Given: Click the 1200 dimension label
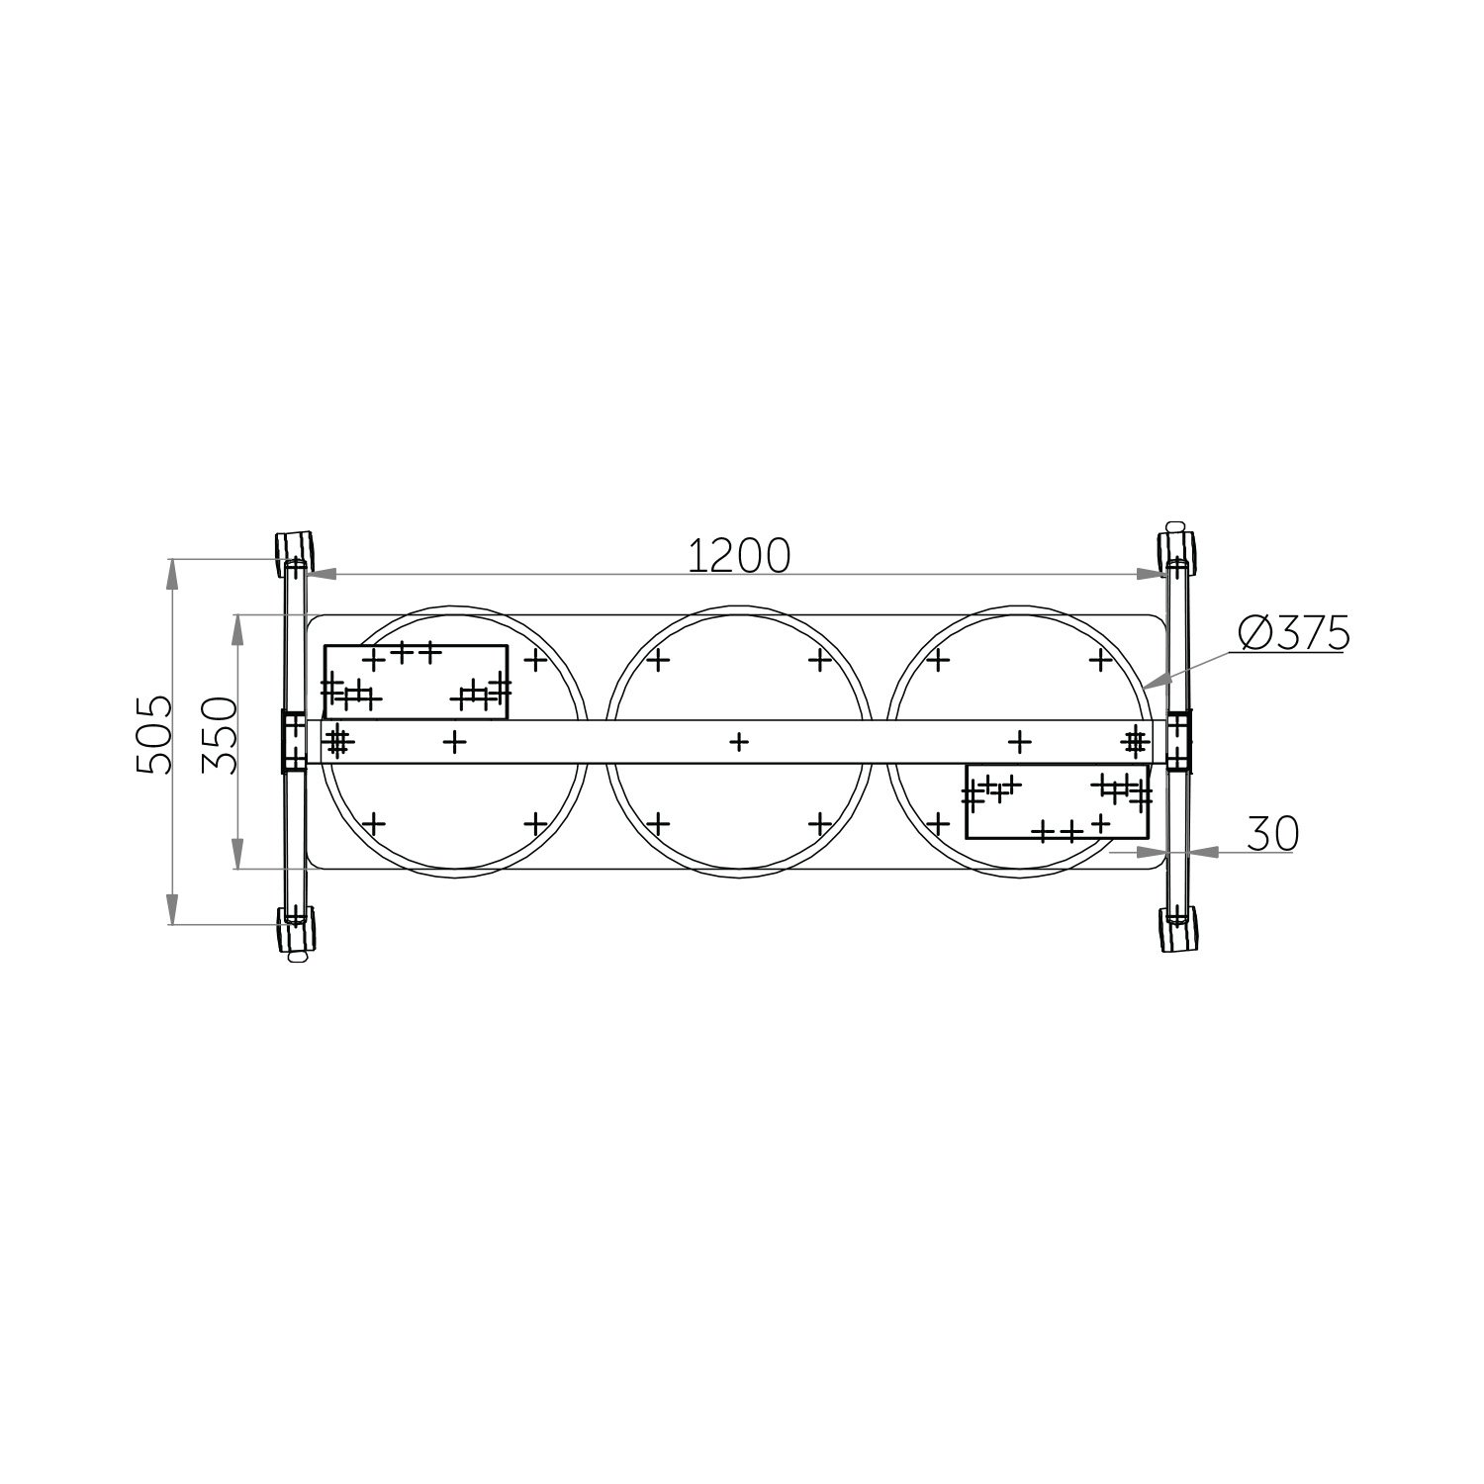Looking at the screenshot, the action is click(x=739, y=555).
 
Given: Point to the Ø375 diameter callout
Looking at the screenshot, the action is click(x=1293, y=633).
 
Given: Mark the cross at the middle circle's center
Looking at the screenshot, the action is click(x=738, y=741).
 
